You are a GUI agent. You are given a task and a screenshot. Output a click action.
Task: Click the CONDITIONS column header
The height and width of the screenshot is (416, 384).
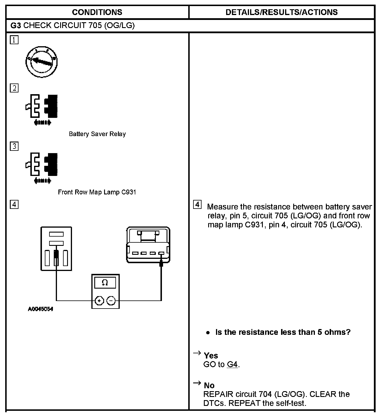(97, 12)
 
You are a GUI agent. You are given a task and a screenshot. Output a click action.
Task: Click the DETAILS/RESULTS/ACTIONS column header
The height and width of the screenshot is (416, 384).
(281, 12)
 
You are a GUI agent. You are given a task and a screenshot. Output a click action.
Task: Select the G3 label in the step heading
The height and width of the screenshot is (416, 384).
(15, 26)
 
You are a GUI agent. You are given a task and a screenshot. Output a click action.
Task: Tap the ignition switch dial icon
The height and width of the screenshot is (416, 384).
(42, 62)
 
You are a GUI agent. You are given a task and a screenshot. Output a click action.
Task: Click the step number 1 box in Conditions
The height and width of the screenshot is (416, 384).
(14, 40)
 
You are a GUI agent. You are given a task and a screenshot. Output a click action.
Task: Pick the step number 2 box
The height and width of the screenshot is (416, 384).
(14, 88)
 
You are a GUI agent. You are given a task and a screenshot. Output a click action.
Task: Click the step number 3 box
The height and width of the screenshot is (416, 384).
(14, 146)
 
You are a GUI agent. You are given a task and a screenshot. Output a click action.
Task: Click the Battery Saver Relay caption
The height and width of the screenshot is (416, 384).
(97, 134)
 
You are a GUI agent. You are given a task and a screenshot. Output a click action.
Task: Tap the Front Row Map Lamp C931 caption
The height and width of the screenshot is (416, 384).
(97, 192)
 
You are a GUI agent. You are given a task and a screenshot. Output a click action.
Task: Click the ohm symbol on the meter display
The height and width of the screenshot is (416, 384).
(105, 283)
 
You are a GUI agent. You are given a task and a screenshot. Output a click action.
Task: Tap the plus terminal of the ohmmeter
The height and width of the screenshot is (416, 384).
(99, 301)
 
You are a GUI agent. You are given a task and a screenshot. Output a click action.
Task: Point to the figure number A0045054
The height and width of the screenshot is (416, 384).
(40, 309)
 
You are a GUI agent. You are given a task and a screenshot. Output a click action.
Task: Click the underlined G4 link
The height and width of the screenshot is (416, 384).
(232, 365)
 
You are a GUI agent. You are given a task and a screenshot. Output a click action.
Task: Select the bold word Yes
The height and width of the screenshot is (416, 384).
(211, 356)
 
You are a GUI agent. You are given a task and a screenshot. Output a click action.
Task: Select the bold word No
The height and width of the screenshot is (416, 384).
(209, 385)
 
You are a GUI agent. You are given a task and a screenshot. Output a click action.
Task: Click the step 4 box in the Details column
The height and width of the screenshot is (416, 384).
(197, 205)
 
